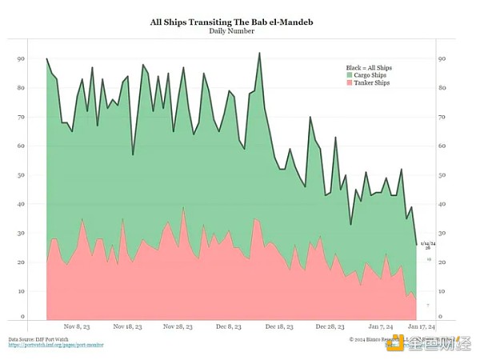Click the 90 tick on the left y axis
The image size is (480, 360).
pyautogui.click(x=20, y=59)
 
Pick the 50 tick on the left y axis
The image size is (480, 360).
pyautogui.click(x=20, y=175)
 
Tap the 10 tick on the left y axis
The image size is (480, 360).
pyautogui.click(x=20, y=291)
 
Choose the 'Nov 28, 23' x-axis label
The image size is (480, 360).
pyautogui.click(x=177, y=327)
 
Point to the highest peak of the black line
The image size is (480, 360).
pyautogui.click(x=260, y=53)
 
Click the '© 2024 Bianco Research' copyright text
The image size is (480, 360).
pyautogui.click(x=380, y=340)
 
